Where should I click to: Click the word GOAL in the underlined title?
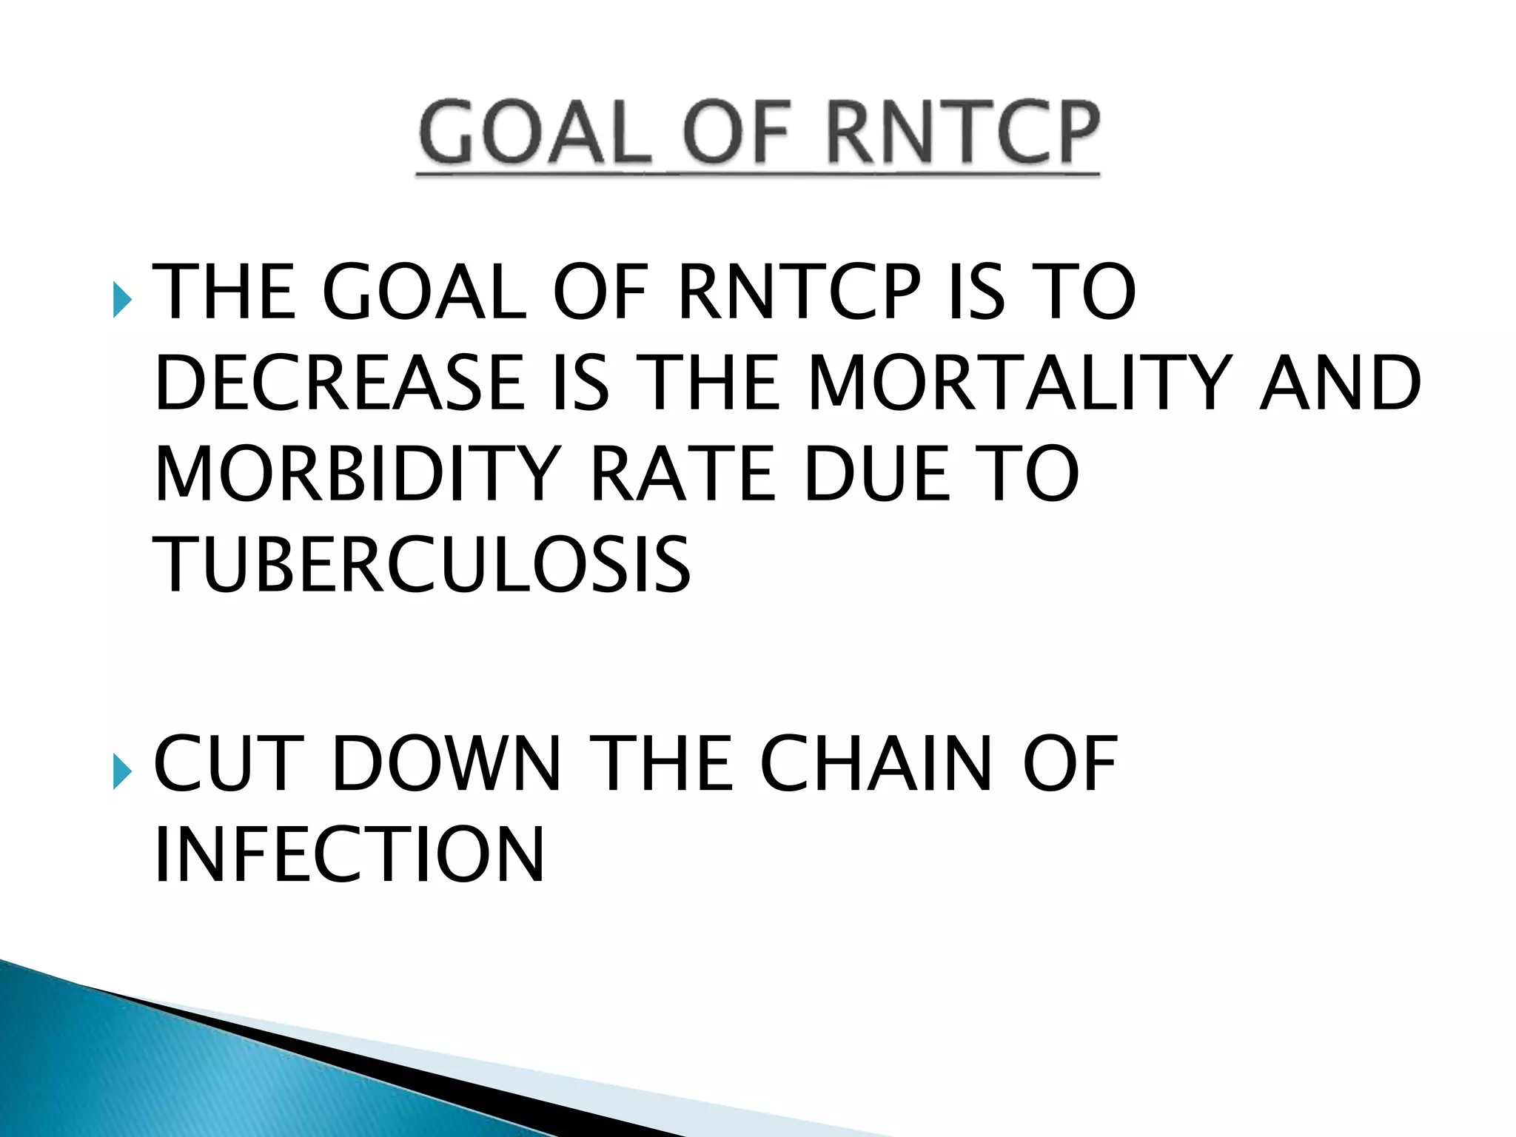tap(535, 133)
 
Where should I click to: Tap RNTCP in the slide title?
tap(962, 133)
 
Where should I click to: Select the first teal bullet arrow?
tap(122, 300)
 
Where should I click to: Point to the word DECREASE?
tap(339, 383)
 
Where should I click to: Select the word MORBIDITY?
tap(358, 474)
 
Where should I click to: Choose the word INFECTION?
tap(349, 855)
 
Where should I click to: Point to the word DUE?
tap(877, 474)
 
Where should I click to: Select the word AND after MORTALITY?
tap(1340, 383)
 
